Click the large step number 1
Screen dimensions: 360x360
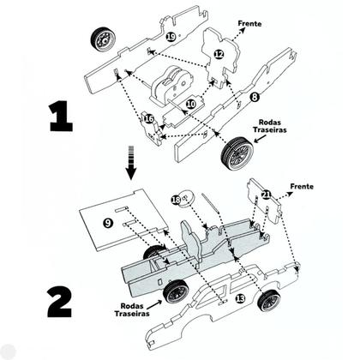(x=61, y=117)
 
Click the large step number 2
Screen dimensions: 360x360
(x=60, y=303)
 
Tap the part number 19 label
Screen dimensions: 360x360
(x=171, y=37)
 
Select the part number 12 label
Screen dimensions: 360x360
(x=219, y=54)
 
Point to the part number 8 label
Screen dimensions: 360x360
(x=254, y=97)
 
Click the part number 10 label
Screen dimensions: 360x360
(x=191, y=105)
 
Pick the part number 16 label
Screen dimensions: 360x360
(x=149, y=118)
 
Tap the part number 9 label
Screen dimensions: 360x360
(x=108, y=223)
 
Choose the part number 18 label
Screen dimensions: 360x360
(x=176, y=200)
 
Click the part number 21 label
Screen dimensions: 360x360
(x=266, y=195)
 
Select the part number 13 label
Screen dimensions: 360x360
(x=240, y=298)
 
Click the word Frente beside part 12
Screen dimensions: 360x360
(x=249, y=23)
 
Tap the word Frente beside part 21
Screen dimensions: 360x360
(x=302, y=187)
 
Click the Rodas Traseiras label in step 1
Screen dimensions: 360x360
(x=270, y=126)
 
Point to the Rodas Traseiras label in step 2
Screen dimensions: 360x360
(x=132, y=309)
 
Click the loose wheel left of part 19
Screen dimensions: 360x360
(x=104, y=39)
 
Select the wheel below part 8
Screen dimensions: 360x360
(x=237, y=153)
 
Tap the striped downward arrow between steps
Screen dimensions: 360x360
(x=131, y=163)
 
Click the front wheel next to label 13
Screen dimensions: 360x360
(x=269, y=300)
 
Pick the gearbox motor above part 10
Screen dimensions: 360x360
(x=171, y=83)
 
